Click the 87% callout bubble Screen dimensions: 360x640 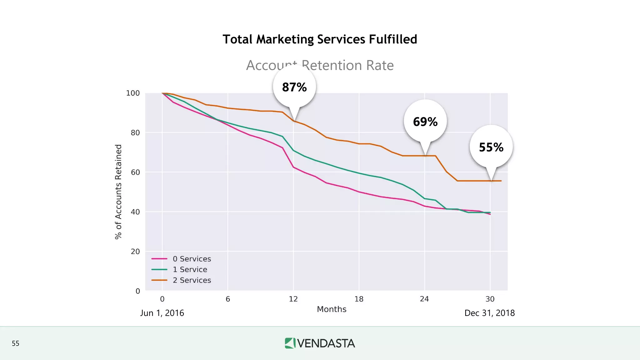[294, 87]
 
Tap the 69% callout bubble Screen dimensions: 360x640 [425, 122]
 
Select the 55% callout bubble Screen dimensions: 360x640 [491, 147]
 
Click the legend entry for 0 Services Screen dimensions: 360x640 [192, 259]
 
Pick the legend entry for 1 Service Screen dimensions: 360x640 [190, 269]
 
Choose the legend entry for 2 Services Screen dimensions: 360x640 [192, 280]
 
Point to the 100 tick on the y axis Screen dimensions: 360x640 [133, 93]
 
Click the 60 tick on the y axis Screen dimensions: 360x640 [135, 172]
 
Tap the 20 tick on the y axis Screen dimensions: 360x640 [135, 252]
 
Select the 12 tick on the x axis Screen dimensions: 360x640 [293, 299]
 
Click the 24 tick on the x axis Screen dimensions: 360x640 [424, 299]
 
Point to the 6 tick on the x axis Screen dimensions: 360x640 [228, 299]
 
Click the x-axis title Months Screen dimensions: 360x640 [332, 309]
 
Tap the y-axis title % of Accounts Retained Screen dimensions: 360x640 [118, 192]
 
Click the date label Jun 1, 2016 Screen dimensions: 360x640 [162, 313]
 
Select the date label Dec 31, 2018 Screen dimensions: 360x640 [489, 313]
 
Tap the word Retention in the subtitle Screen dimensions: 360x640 [332, 65]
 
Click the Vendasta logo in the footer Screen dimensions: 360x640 [320, 343]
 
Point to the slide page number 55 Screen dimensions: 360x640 [16, 343]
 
